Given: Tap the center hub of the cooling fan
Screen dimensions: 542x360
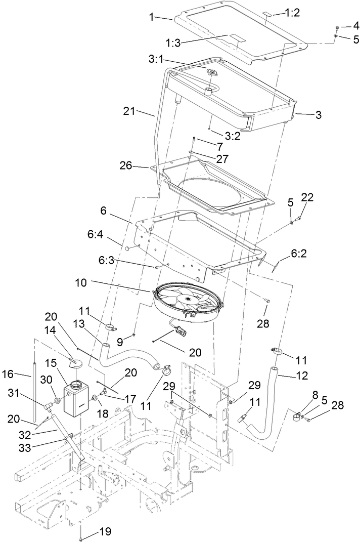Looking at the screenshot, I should coord(189,300).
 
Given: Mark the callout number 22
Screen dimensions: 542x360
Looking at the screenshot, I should coord(308,197).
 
